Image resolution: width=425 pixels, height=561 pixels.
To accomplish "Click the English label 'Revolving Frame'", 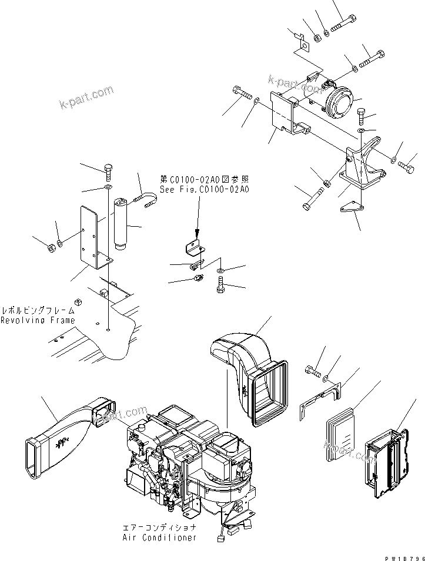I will (x=38, y=320).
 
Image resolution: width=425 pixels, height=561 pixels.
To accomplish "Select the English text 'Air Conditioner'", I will (x=159, y=538).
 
